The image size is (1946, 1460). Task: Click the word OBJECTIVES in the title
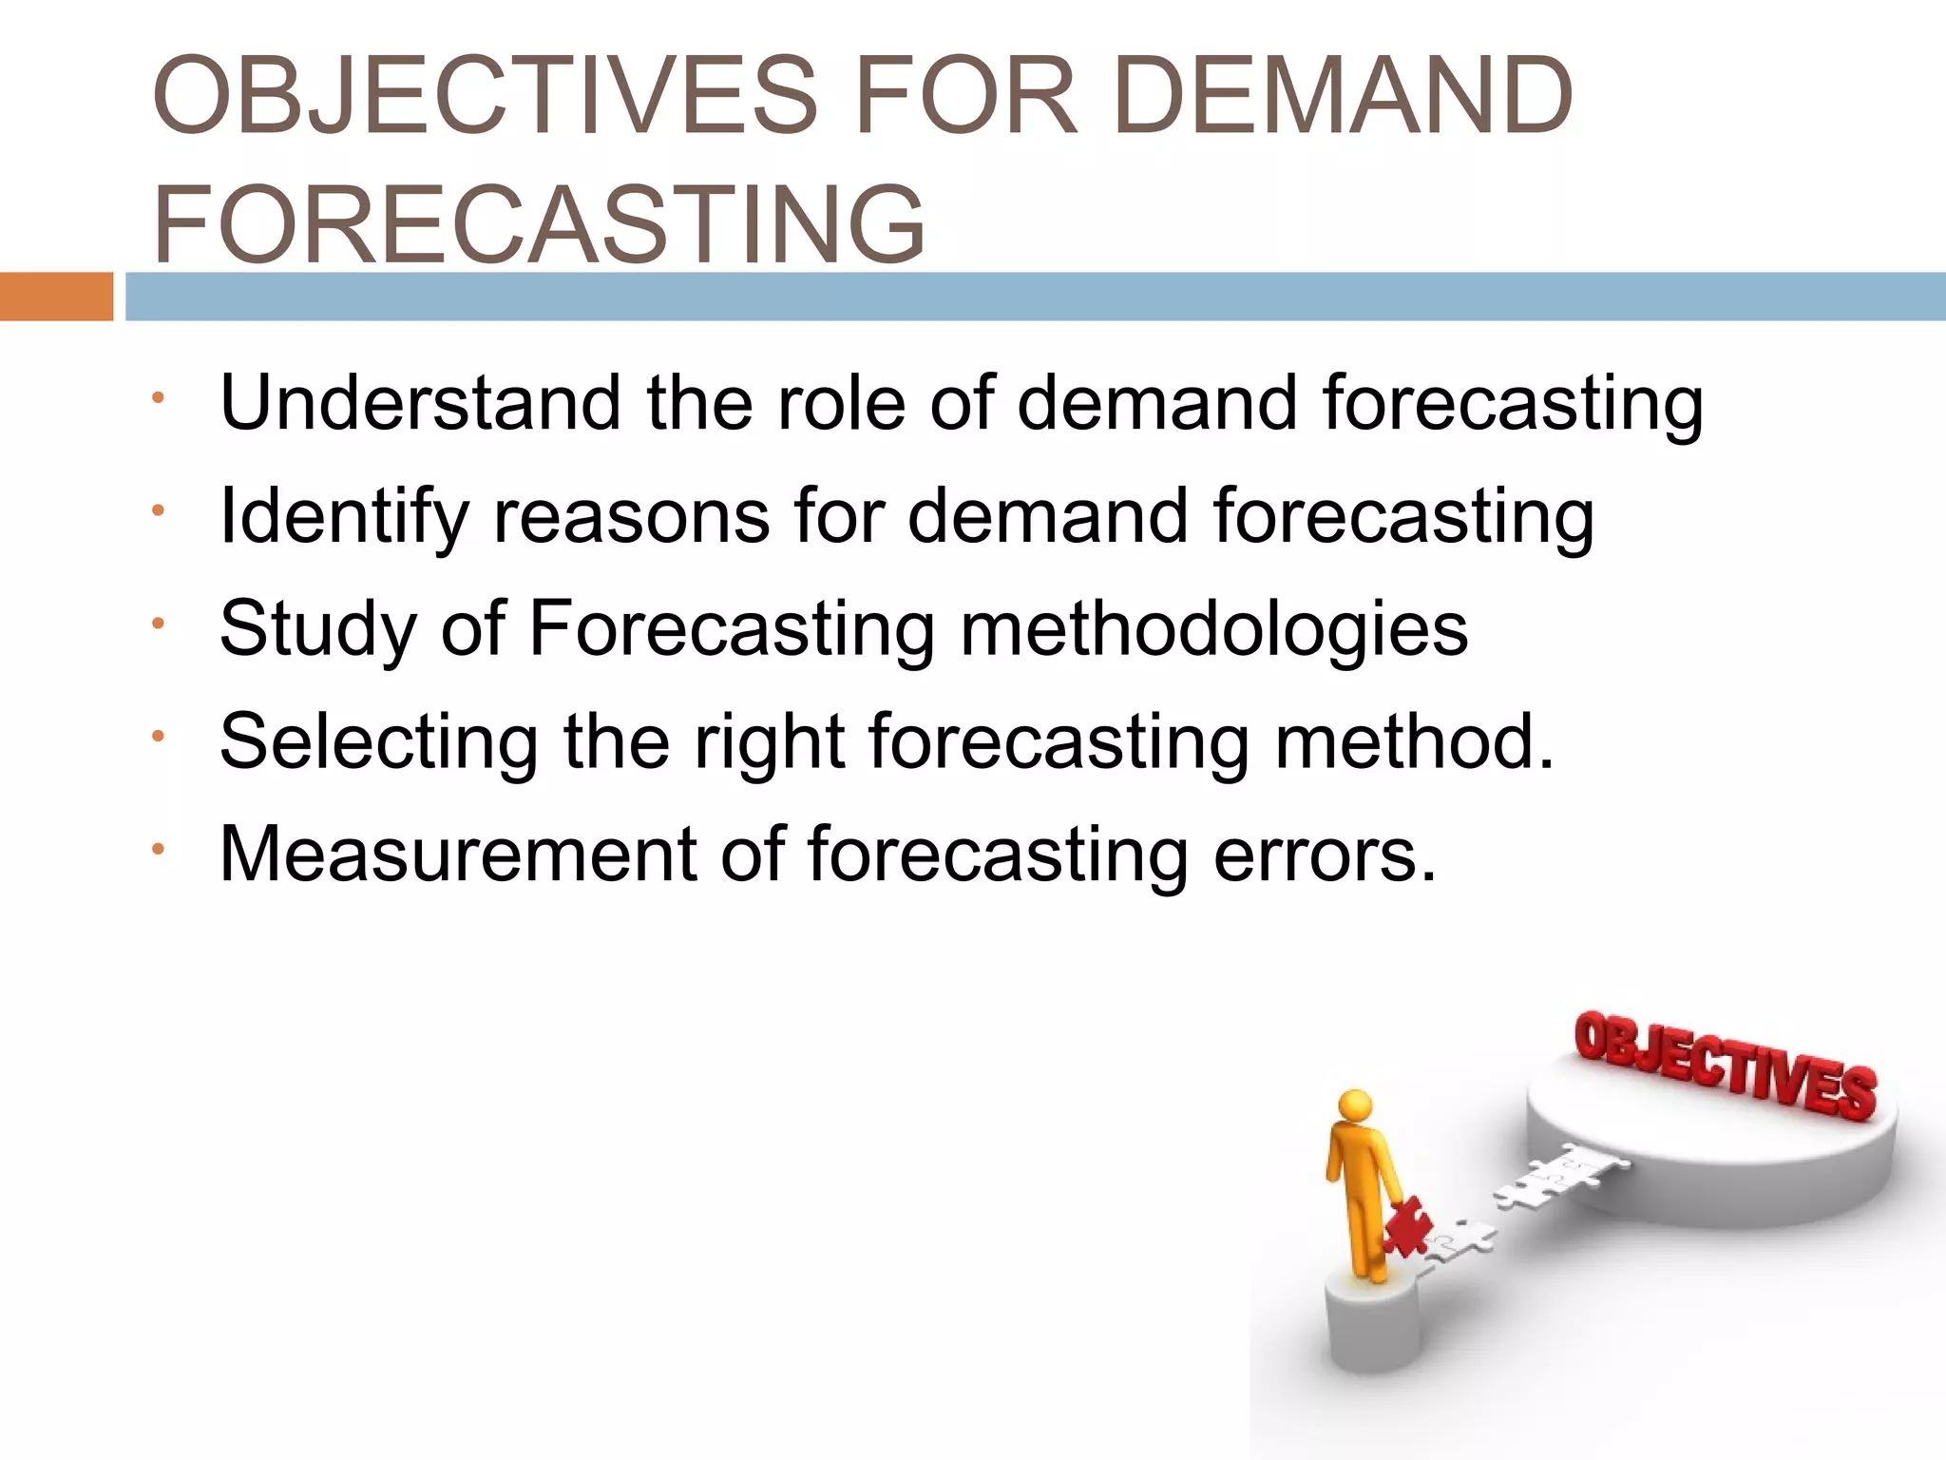pos(485,95)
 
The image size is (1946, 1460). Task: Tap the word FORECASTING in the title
pos(539,224)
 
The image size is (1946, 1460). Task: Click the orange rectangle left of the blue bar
pos(56,297)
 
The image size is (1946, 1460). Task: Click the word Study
pos(317,629)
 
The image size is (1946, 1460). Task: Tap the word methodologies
pos(1213,629)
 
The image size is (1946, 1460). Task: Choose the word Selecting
pos(379,742)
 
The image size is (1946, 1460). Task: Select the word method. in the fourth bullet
pos(1414,740)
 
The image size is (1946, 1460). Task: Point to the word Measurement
pos(458,854)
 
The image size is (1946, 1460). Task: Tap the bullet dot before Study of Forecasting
pos(159,624)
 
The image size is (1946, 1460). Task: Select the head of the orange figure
pos(1355,1106)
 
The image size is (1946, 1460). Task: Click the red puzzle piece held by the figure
pos(1405,1226)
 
